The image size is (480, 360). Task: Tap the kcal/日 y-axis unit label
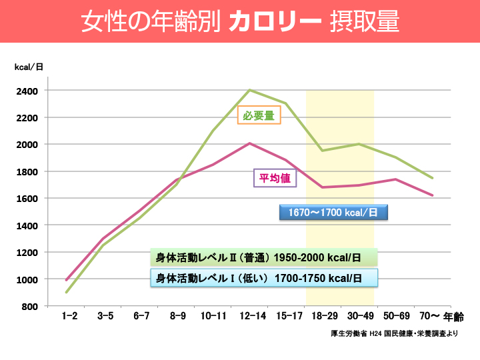29,67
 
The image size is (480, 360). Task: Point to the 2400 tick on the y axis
29,90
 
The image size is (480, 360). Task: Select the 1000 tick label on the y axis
29,279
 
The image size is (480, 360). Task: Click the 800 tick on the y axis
31,306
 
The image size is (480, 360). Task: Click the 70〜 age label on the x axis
428,317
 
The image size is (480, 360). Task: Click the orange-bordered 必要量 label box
259,115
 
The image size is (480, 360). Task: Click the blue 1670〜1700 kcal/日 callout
333,213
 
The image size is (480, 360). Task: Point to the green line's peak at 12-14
249,90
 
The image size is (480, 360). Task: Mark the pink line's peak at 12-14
249,143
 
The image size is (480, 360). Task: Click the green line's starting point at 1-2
67,292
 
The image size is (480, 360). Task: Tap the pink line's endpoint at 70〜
433,195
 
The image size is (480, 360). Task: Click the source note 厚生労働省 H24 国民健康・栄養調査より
394,333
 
